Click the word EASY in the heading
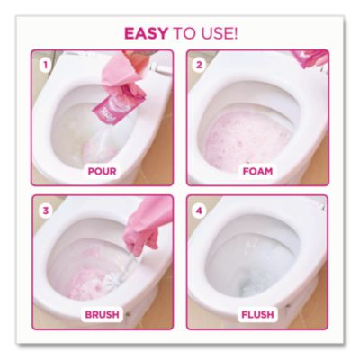pos(146,33)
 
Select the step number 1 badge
pos(46,65)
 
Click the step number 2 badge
pos(199,65)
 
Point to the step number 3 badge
pos(46,211)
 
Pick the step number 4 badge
pos(199,211)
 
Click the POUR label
pos(102,172)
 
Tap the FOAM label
pos(257,172)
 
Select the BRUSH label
pos(103,314)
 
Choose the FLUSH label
pos(257,314)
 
